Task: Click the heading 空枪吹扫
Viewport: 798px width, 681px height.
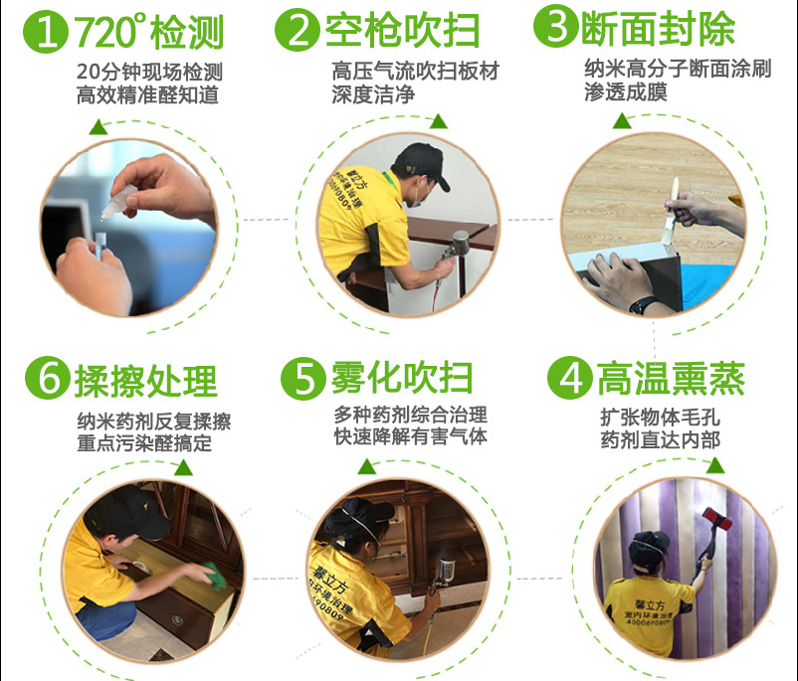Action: (x=402, y=32)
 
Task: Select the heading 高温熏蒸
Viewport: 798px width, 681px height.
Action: (x=671, y=379)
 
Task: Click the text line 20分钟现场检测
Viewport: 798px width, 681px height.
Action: (x=148, y=73)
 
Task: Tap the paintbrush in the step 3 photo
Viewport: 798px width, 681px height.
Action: (x=673, y=200)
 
